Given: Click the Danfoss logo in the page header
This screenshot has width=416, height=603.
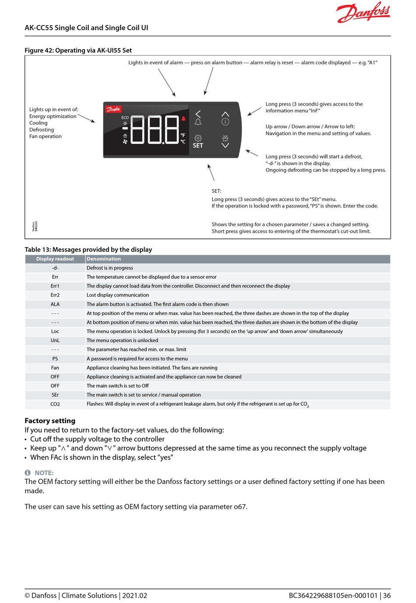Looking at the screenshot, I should [363, 12].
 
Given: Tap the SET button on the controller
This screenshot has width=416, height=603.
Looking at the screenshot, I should [198, 142].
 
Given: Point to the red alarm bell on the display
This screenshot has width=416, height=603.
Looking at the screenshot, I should [183, 119].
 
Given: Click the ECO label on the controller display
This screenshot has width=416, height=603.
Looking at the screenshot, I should [125, 117].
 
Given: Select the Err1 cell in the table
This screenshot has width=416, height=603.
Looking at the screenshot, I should [55, 286].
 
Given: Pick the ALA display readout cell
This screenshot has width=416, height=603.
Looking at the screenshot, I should [55, 305].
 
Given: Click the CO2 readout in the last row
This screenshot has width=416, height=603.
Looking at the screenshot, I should [55, 404].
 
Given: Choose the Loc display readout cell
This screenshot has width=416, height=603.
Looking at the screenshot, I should [55, 332].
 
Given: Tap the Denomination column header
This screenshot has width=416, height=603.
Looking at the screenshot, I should [104, 259].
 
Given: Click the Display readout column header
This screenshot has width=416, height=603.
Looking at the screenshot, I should [55, 259].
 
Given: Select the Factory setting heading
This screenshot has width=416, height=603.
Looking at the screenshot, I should [50, 421].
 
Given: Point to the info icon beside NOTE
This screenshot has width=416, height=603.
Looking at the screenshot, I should [28, 473].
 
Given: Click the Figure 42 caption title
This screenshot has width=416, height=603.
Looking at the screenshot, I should [78, 50].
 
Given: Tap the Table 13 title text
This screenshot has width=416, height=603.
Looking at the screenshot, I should [88, 249].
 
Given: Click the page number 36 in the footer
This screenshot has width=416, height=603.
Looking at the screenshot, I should [387, 596].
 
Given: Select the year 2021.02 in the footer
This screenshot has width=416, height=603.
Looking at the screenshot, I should [134, 596].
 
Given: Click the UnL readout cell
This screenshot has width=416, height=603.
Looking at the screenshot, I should [55, 340].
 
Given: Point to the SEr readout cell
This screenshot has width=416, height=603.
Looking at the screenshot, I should [55, 395].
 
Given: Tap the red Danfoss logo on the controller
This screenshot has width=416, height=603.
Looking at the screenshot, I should [113, 109].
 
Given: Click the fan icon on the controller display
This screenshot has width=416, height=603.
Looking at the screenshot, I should [125, 142].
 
